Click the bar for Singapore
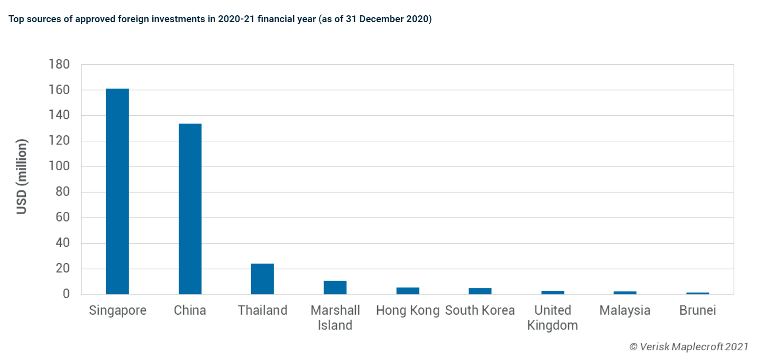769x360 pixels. click(117, 191)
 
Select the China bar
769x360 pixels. click(190, 209)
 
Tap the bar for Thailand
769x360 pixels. click(262, 279)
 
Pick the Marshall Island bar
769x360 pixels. click(335, 287)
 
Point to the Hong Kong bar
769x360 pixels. click(408, 291)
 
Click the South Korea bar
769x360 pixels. click(480, 291)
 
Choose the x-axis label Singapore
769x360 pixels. click(117, 310)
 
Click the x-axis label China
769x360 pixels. click(190, 310)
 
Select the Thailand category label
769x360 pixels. click(262, 310)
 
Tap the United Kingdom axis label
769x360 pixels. click(552, 318)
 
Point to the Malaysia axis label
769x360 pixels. click(625, 310)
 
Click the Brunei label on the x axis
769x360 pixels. click(697, 310)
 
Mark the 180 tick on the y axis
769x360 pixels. click(59, 64)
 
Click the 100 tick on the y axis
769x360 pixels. click(59, 166)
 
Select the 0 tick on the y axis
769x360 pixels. click(66, 294)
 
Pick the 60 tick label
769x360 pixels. click(62, 217)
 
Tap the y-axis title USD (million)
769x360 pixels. click(22, 176)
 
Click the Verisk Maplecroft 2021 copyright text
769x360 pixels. click(689, 347)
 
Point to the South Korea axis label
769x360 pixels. click(480, 310)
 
